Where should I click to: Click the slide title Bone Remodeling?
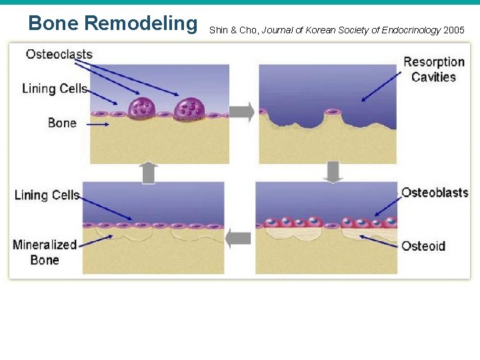113,24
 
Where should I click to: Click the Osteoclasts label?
59,54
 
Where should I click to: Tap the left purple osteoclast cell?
141,109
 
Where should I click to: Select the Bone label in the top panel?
62,123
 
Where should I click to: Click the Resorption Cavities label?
433,69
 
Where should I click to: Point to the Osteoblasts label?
435,193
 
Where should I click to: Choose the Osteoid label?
423,246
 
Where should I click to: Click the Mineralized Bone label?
45,252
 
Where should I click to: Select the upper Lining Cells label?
55,89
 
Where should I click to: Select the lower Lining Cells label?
47,195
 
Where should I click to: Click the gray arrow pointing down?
333,172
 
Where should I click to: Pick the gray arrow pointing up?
149,173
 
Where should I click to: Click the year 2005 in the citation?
453,30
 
